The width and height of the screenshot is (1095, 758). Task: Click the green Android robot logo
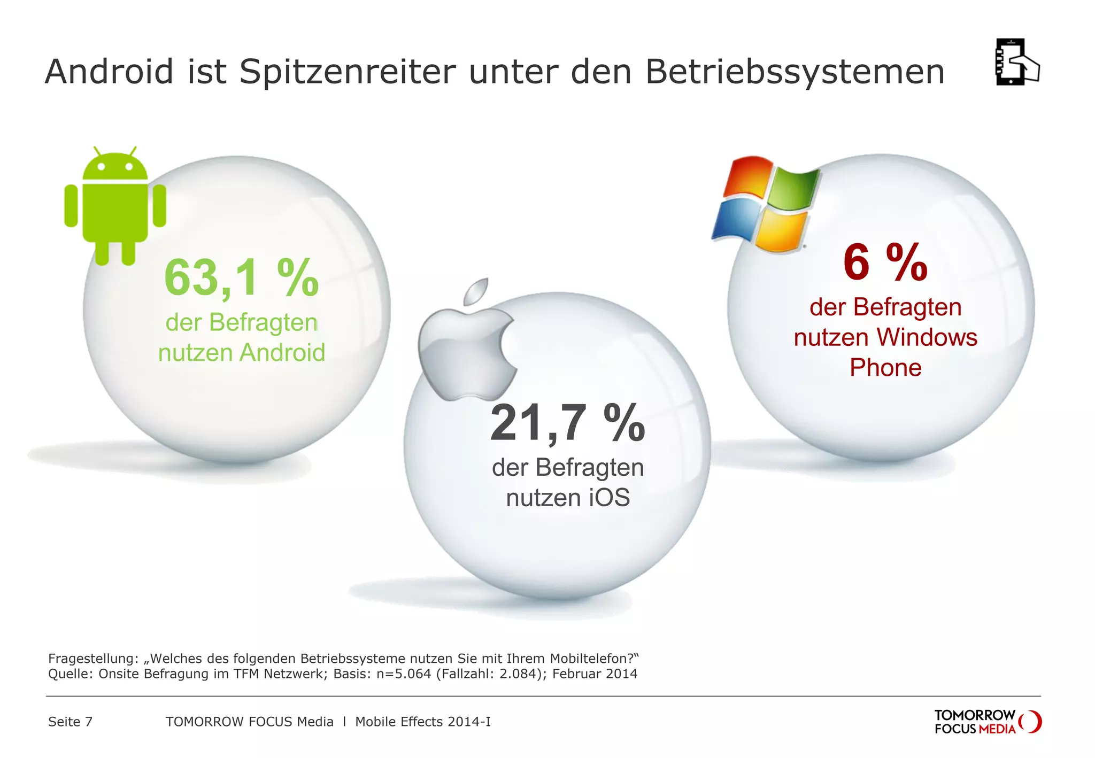(115, 206)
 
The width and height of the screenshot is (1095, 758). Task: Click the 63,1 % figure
(241, 278)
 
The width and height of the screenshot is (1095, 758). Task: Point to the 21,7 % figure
(567, 423)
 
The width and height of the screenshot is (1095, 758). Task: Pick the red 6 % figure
(885, 263)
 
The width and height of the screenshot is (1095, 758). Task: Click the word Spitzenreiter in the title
(348, 72)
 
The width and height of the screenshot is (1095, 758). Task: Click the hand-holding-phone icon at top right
(1016, 62)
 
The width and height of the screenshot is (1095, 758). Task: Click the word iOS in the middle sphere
(609, 498)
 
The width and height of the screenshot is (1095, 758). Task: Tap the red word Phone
(885, 368)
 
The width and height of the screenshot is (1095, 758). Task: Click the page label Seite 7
(70, 722)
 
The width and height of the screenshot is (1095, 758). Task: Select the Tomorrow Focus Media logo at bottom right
(986, 722)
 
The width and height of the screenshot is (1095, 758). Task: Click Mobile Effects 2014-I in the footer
(422, 722)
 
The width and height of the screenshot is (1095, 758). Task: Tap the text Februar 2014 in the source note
(595, 674)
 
